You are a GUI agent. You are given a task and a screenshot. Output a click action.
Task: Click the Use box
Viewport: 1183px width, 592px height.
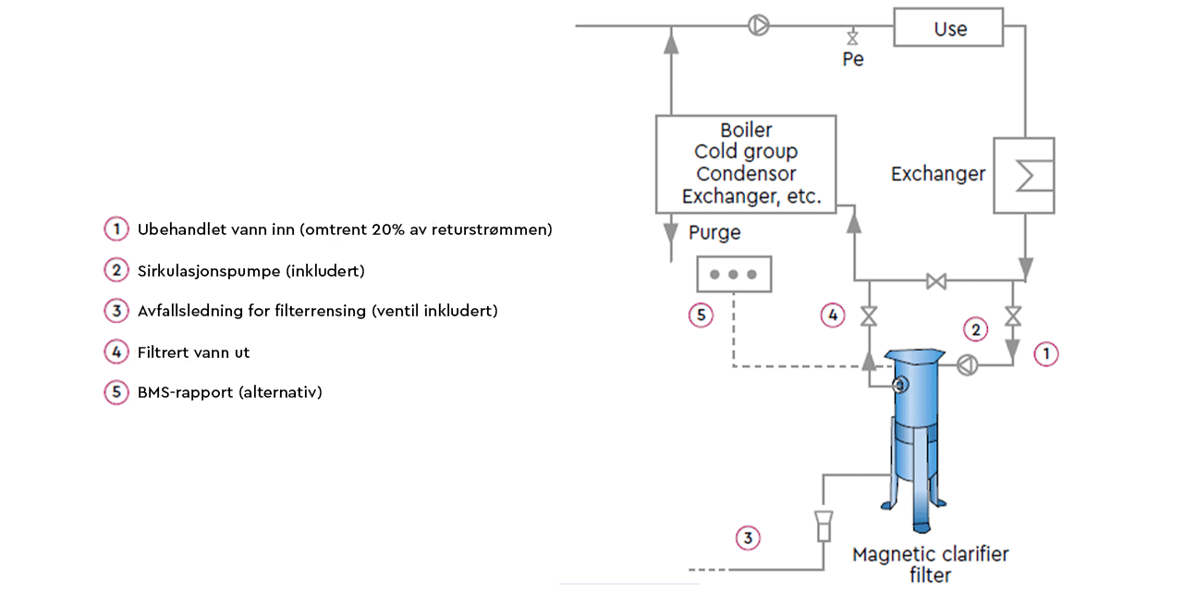pos(948,28)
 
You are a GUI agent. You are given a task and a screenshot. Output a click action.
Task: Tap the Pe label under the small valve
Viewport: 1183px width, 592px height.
pos(852,59)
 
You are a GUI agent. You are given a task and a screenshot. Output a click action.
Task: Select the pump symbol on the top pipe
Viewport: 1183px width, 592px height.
pos(758,26)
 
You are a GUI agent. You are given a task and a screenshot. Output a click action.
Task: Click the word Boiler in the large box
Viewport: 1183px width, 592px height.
pos(746,130)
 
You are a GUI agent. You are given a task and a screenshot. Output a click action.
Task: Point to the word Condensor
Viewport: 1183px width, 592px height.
pos(746,174)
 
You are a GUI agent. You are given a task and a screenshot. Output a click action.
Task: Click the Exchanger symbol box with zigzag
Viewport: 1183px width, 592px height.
pos(1023,176)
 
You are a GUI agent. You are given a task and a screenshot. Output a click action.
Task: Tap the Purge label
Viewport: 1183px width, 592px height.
pos(714,232)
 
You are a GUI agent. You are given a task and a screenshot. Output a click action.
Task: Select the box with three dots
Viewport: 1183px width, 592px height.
pos(734,274)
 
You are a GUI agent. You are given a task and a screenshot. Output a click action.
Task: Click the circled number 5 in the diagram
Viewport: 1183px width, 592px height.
pos(701,315)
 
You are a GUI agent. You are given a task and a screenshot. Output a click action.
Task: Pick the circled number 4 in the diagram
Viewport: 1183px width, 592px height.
pos(833,315)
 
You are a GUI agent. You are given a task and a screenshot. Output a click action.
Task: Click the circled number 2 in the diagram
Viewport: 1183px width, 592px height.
pos(974,327)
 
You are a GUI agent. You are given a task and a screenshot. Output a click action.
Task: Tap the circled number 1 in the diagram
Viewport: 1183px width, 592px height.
pos(1045,353)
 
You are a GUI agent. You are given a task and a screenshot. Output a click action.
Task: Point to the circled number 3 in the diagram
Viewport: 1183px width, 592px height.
pos(748,536)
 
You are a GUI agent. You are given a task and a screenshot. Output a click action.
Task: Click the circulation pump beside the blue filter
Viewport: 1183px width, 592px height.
pos(967,365)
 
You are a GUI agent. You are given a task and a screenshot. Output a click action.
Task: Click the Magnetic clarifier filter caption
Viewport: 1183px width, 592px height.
pos(930,564)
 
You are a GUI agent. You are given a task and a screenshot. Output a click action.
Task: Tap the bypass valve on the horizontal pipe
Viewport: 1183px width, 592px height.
pos(936,281)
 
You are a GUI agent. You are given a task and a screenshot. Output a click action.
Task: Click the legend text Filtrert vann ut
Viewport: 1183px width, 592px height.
pos(193,352)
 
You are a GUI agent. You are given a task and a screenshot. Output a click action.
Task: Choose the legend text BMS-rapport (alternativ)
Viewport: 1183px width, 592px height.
pos(229,392)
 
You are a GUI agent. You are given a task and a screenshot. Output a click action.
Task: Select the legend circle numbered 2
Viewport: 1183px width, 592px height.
pos(116,271)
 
